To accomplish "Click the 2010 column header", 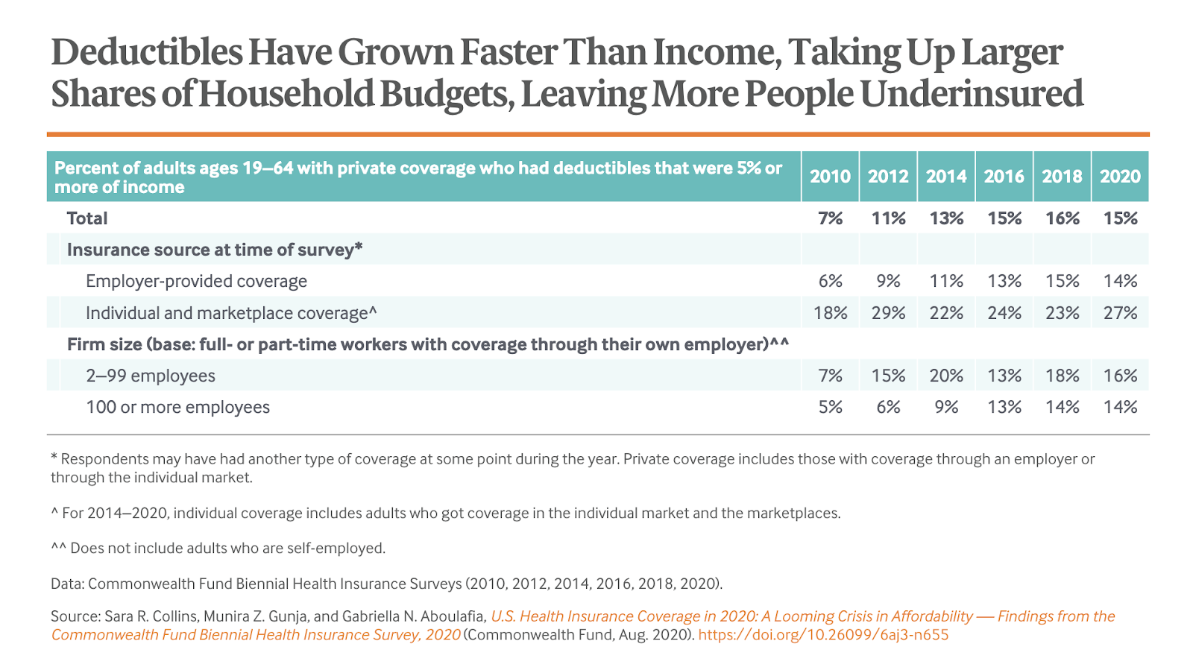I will [830, 177].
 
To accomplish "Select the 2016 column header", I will [1004, 177].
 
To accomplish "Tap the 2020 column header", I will [1120, 177].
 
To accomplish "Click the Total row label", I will [87, 218].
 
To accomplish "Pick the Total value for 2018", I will [1062, 218].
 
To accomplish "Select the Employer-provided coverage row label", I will [196, 282].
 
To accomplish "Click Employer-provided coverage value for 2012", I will [888, 282].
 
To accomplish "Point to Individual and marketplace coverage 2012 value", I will [888, 313].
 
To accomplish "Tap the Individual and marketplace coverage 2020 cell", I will [1120, 313].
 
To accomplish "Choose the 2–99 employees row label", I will [151, 376].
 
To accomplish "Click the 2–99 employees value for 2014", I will [946, 376].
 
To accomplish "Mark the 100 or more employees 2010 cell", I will [830, 408].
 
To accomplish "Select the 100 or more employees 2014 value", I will [946, 408].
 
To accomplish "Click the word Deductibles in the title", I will [147, 53].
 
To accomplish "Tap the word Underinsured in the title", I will [971, 95].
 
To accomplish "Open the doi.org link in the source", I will [823, 635].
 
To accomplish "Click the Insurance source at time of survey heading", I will [215, 250].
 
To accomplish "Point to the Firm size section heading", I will [427, 344].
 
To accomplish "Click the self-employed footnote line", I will [218, 549].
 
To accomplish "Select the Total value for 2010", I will [830, 218].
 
